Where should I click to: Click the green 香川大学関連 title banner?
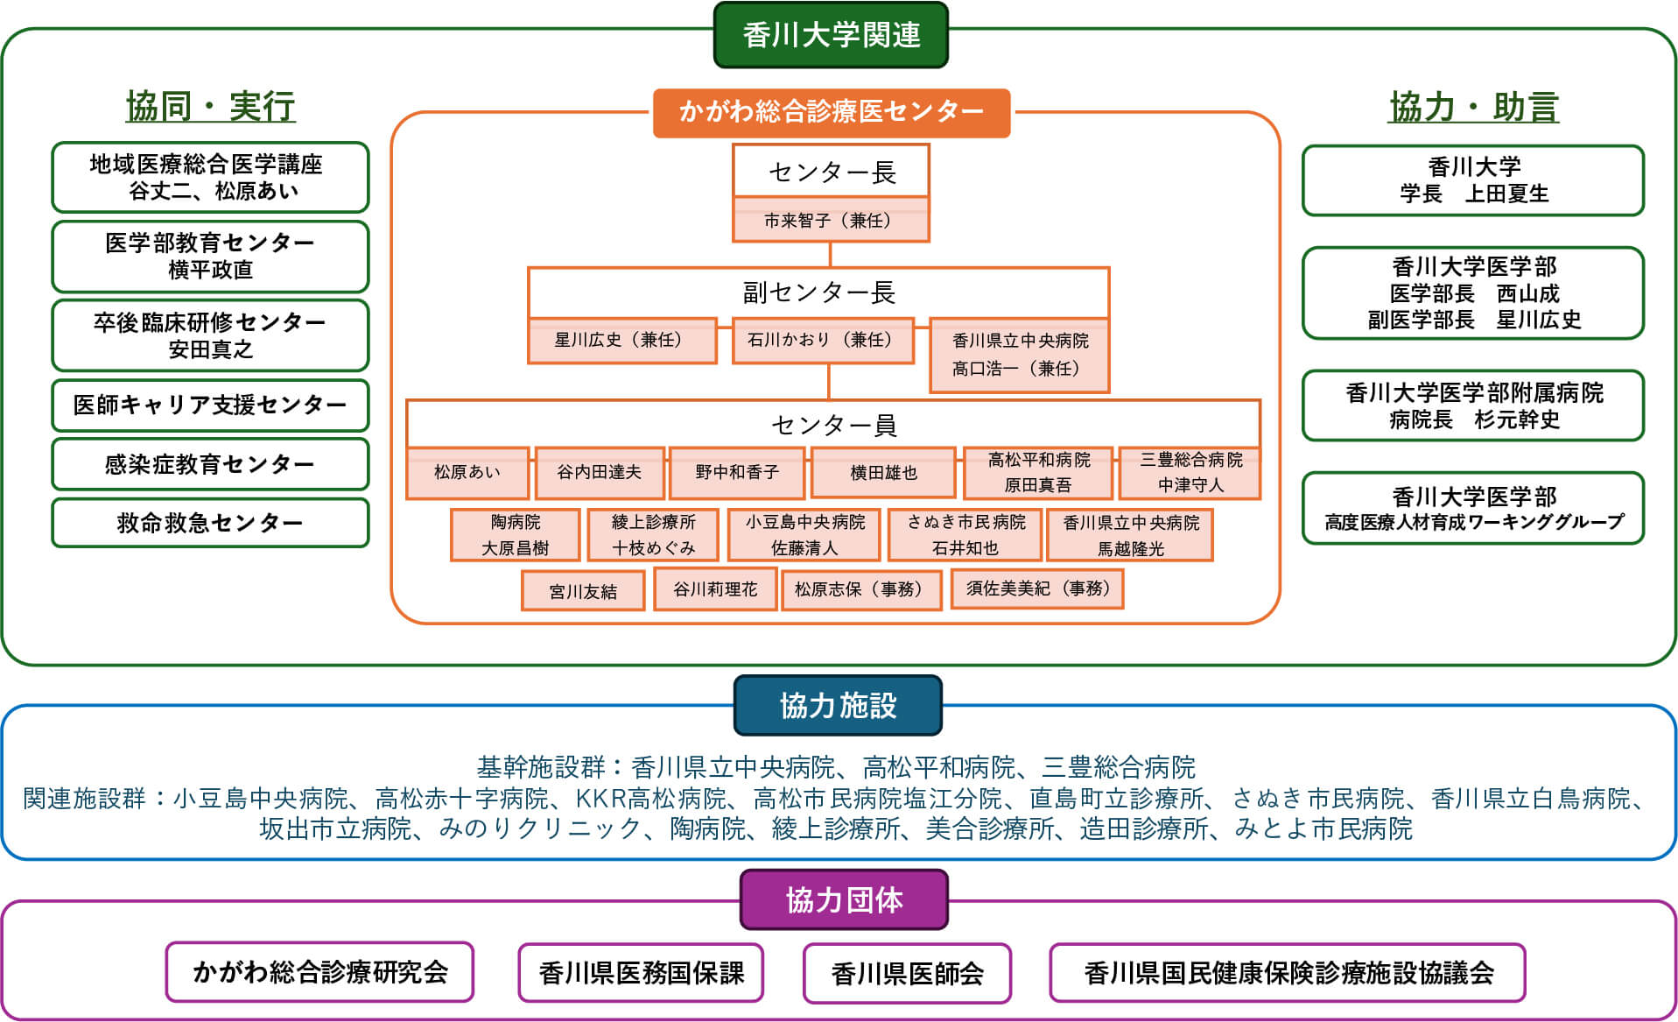click(831, 35)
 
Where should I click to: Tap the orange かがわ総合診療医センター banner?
click(831, 112)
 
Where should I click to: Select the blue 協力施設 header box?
click(838, 705)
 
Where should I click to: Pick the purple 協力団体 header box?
click(844, 899)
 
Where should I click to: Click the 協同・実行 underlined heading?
click(210, 107)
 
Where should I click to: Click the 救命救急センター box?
click(210, 523)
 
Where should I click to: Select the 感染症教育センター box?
click(210, 464)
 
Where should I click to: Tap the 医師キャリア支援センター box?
click(210, 405)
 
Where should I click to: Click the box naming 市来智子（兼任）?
click(830, 220)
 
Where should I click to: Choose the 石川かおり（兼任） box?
click(822, 340)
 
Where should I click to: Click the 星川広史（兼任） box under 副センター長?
click(621, 340)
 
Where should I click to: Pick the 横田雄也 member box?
click(883, 473)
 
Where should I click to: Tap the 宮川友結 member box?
click(583, 591)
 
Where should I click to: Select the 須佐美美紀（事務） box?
click(1037, 589)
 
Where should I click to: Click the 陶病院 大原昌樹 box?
click(515, 534)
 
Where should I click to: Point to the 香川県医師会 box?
click(907, 973)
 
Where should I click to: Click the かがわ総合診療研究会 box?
click(319, 971)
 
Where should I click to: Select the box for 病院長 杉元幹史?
click(1473, 405)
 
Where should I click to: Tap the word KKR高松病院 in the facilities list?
click(650, 799)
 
